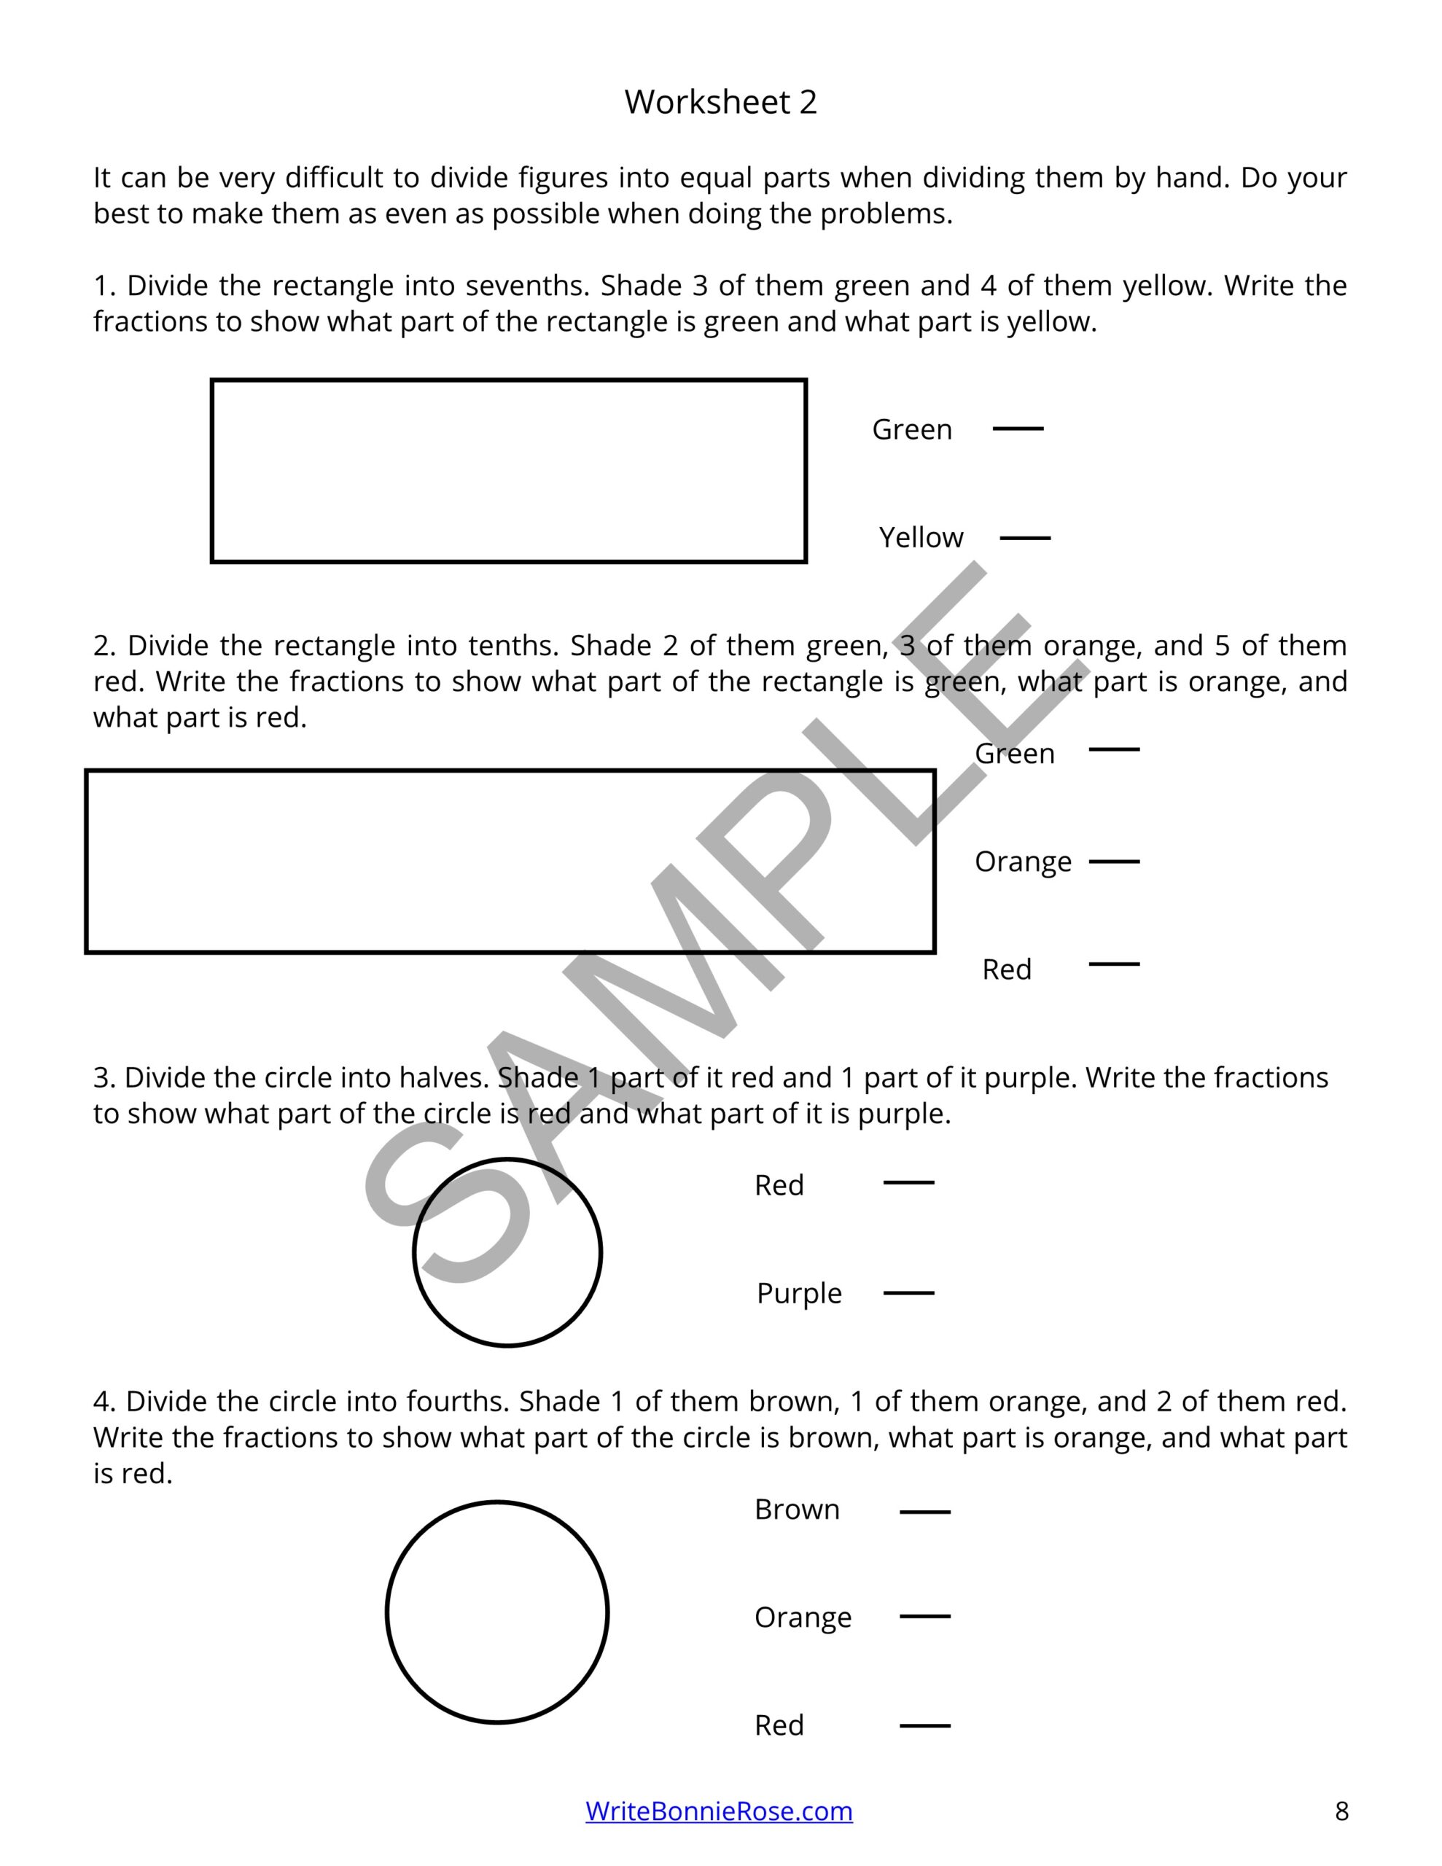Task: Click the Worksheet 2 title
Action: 720,101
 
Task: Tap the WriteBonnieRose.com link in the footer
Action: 718,1811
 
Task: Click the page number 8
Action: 1341,1811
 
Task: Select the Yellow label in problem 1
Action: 921,537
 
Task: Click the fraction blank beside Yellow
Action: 1024,537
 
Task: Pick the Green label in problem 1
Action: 911,429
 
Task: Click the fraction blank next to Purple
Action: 908,1292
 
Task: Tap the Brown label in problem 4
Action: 797,1510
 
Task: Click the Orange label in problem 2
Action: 1022,862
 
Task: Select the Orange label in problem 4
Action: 802,1617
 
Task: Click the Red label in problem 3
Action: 779,1185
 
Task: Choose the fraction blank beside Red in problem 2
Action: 1113,964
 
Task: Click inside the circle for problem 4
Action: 496,1612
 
